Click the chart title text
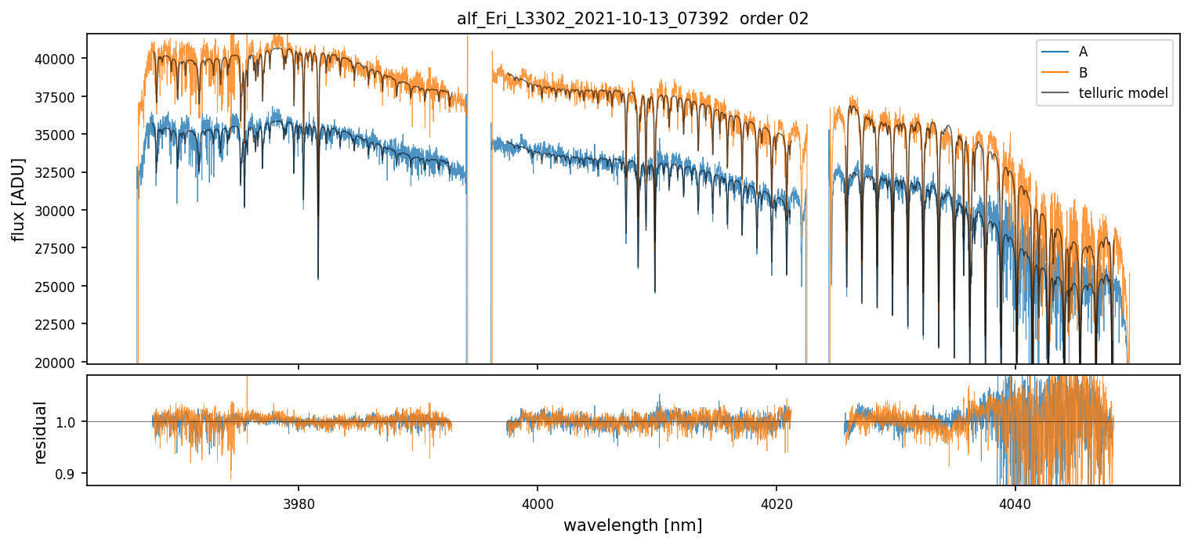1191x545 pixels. pos(632,19)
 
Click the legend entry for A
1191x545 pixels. pos(1083,52)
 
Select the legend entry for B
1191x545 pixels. pos(1083,73)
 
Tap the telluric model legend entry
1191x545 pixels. pos(1123,93)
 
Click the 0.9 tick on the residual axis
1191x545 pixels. pos(67,474)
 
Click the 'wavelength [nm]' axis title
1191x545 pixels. pos(632,525)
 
